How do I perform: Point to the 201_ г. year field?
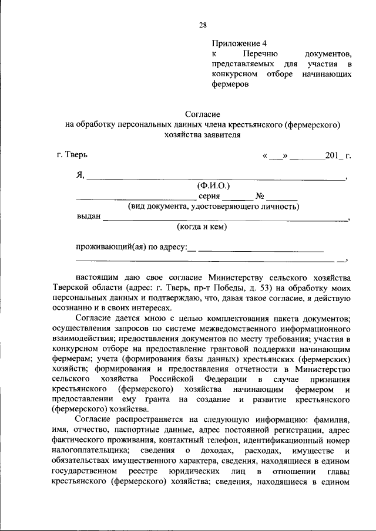(x=338, y=156)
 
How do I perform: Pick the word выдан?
(x=89, y=217)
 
